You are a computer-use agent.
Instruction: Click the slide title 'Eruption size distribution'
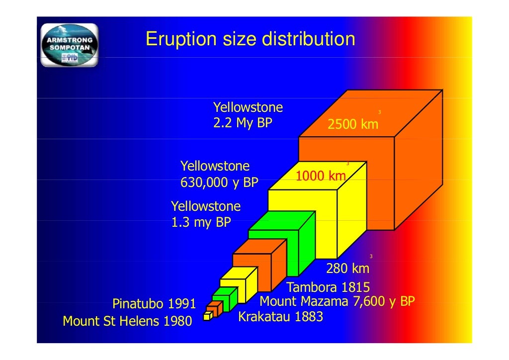(x=250, y=39)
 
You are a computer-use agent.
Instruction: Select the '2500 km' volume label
(x=352, y=124)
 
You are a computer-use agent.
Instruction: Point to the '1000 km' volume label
(x=321, y=176)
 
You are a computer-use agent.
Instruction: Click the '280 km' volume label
(x=347, y=269)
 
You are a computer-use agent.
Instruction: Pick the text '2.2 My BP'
(x=243, y=123)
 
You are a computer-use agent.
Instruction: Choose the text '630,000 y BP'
(x=219, y=182)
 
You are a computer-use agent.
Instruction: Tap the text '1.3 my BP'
(x=201, y=222)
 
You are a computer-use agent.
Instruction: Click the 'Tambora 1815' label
(x=328, y=287)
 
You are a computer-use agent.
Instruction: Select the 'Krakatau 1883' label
(x=281, y=317)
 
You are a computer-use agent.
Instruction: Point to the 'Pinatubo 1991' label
(x=154, y=303)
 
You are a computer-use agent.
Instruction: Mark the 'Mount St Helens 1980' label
(x=127, y=322)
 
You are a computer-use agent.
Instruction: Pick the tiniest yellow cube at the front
(x=207, y=316)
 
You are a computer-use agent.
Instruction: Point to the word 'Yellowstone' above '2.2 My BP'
(x=248, y=107)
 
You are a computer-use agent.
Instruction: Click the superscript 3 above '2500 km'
(x=379, y=112)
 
